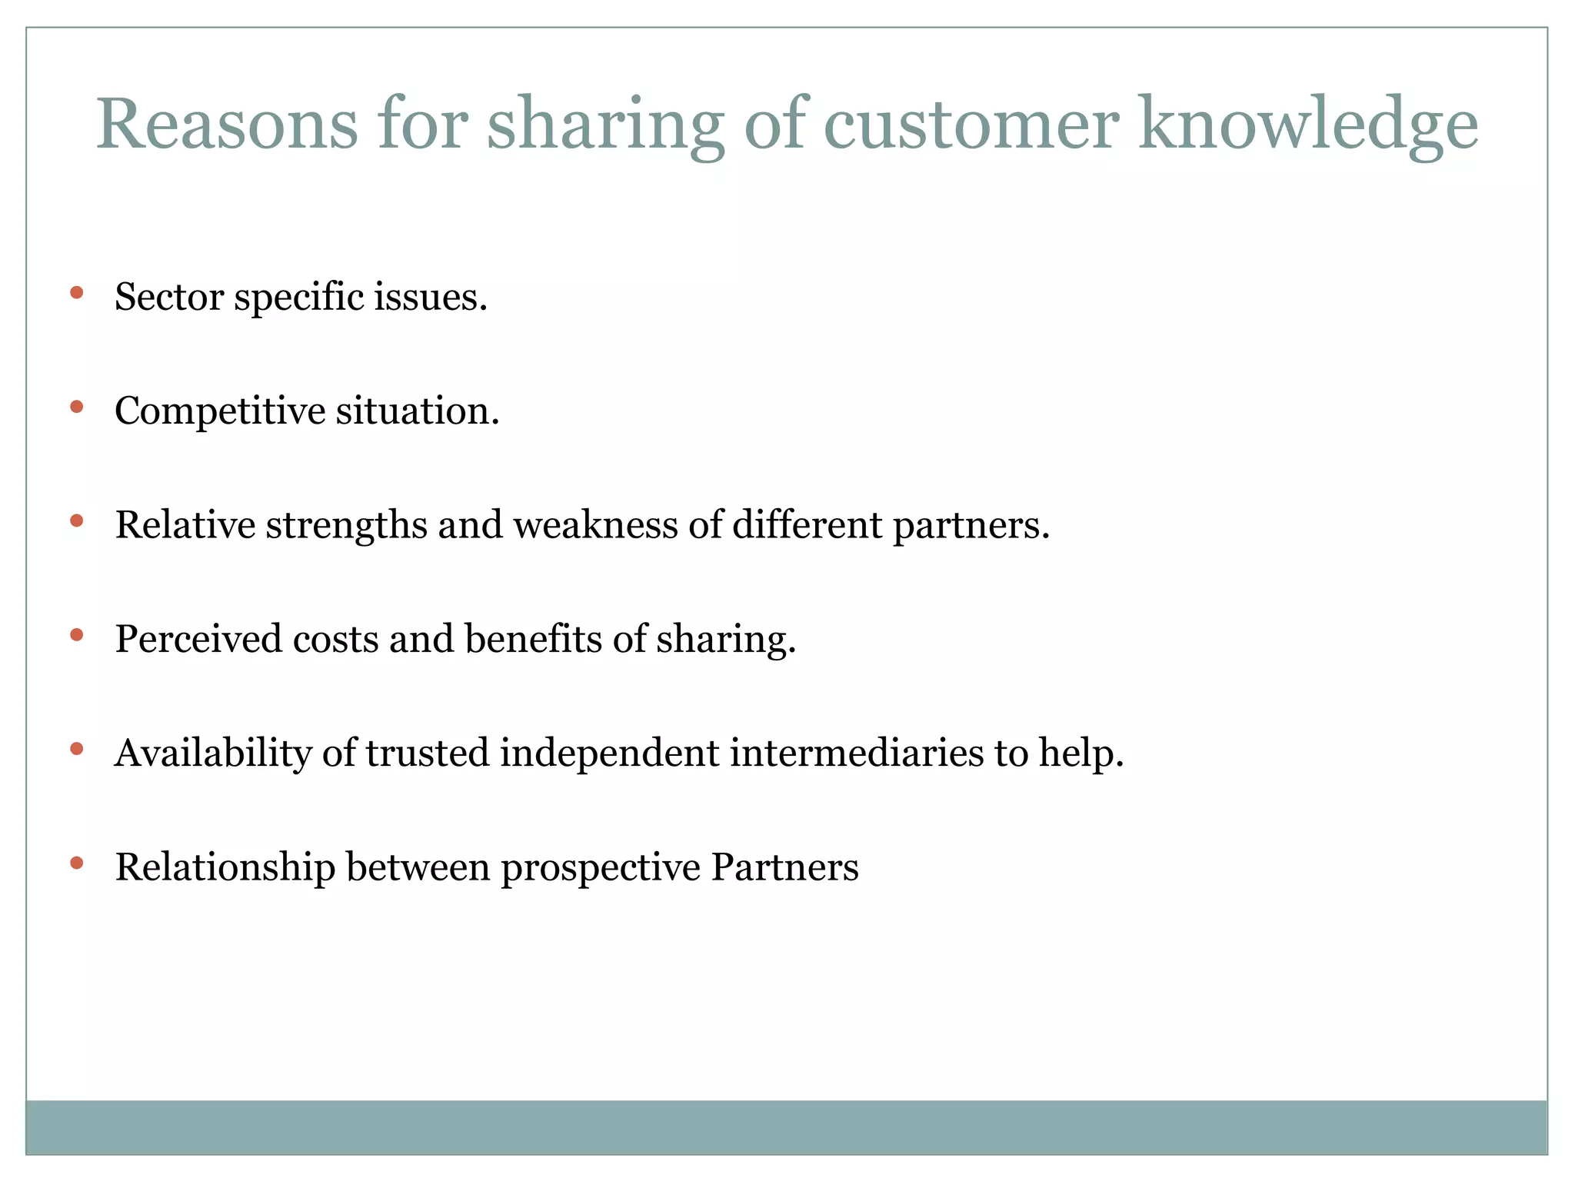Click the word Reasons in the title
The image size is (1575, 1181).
click(x=227, y=125)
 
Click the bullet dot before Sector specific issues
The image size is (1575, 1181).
click(x=76, y=293)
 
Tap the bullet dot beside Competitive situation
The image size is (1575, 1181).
click(x=76, y=407)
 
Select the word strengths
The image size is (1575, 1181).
click(x=346, y=526)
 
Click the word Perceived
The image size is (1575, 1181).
click(x=198, y=639)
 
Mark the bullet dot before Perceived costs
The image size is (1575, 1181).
click(x=76, y=635)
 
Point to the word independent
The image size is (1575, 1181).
click(x=609, y=754)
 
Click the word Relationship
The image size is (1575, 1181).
click(x=225, y=868)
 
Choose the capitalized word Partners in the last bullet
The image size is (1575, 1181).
click(x=784, y=867)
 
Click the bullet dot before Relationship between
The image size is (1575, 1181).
click(x=76, y=863)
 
